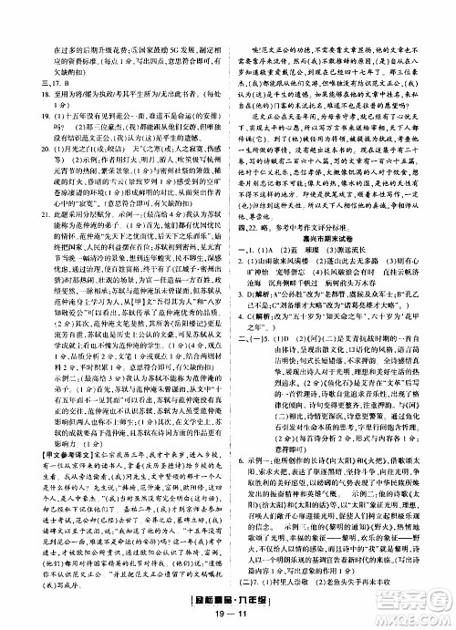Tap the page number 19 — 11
click(226, 617)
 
